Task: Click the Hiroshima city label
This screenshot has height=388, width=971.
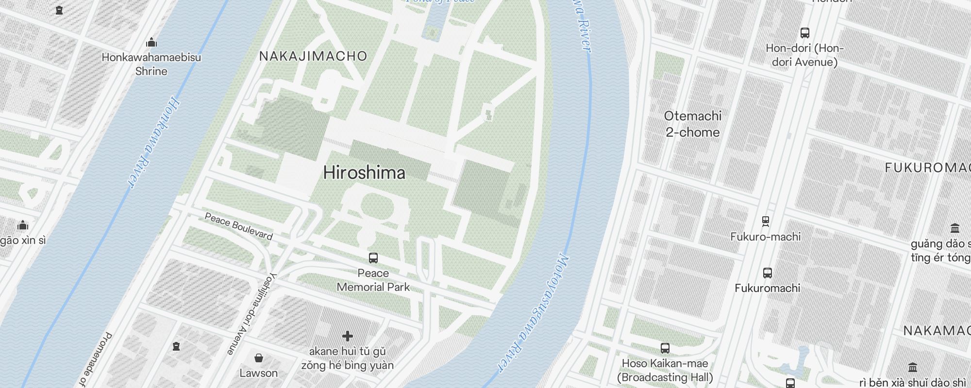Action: click(364, 173)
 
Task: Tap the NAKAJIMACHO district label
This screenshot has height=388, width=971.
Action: click(313, 56)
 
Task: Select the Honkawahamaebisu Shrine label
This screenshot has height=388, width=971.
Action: click(151, 64)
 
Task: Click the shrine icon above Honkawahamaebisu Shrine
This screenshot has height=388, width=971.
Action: click(151, 42)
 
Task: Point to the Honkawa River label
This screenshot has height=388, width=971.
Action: click(153, 143)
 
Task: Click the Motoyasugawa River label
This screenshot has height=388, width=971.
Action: click(532, 313)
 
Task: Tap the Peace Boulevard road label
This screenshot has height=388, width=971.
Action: click(238, 226)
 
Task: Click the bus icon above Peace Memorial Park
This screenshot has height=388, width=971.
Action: click(373, 258)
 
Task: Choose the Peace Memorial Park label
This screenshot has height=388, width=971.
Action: click(373, 280)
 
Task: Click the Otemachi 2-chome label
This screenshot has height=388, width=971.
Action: click(692, 124)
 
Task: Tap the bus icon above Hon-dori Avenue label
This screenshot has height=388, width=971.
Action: click(804, 33)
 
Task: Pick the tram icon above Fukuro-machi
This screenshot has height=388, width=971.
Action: click(766, 222)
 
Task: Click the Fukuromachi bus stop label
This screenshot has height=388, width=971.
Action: click(767, 288)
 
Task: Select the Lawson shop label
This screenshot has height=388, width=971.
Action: click(258, 373)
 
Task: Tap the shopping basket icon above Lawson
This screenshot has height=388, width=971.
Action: click(259, 358)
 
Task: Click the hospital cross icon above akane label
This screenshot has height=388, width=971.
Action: click(347, 336)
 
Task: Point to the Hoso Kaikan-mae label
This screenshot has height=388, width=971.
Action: click(665, 370)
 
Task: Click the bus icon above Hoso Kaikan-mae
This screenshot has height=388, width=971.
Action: click(665, 348)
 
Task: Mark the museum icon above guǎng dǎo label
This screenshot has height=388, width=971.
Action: click(954, 228)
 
